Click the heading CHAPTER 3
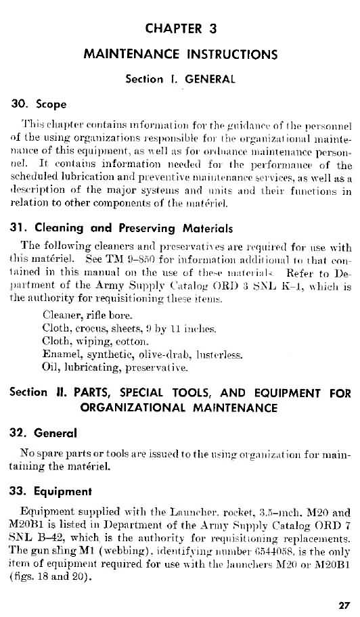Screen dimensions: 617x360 pos(180,28)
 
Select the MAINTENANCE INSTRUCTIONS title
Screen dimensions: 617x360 pos(180,53)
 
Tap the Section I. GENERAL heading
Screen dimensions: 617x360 pos(180,78)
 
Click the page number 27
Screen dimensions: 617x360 pos(344,604)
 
